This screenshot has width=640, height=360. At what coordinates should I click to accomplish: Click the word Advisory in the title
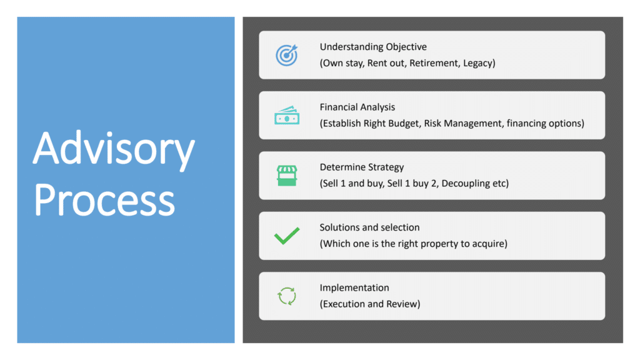[x=114, y=149]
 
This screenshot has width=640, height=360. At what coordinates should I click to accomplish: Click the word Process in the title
[x=105, y=199]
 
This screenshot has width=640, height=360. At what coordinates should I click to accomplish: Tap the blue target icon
[x=286, y=55]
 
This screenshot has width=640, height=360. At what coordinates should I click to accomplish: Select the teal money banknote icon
[x=287, y=116]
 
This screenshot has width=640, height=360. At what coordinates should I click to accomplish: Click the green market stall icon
[x=287, y=176]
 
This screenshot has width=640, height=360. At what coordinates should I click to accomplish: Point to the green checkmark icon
[x=287, y=236]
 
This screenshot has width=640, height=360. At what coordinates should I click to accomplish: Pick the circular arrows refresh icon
[x=287, y=296]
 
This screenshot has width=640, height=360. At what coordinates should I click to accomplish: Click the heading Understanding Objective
[x=373, y=47]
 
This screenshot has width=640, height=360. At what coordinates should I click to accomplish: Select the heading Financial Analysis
[x=357, y=107]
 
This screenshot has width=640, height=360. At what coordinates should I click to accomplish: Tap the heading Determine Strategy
[x=362, y=167]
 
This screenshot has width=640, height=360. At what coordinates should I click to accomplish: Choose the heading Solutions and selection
[x=369, y=227]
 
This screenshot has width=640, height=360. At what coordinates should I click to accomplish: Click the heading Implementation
[x=354, y=287]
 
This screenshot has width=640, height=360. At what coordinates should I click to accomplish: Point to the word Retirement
[x=435, y=63]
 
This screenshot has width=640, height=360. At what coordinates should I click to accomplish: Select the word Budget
[x=403, y=124]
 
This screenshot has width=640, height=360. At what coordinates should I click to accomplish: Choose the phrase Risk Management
[x=464, y=124]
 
